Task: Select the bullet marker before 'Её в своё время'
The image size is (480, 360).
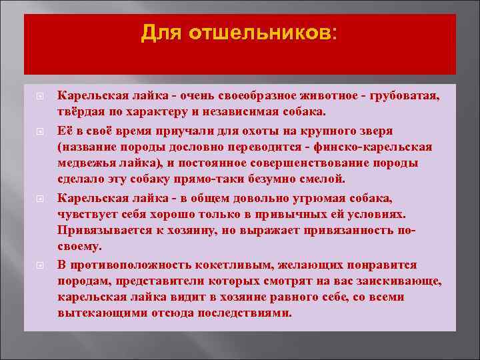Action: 39,130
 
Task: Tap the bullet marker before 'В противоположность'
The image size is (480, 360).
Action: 39,264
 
